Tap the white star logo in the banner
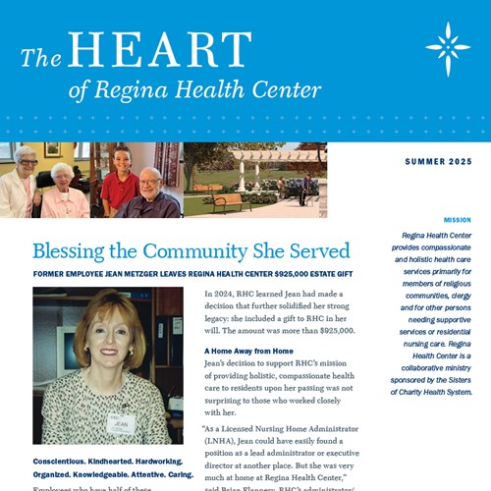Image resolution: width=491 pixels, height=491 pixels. click(447, 48)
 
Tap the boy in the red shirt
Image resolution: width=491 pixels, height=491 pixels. click(120, 183)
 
